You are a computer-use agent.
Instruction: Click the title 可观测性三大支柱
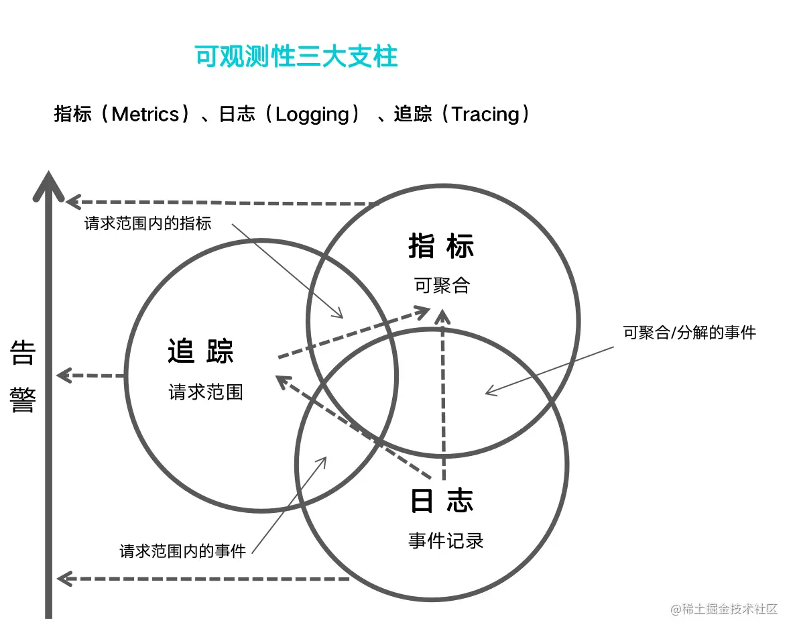coord(296,57)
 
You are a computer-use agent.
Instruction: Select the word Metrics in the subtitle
coord(145,114)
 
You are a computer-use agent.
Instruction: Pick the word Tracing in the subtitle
coord(485,114)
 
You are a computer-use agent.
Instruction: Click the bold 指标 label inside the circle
coord(441,247)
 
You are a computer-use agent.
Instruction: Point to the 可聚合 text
coord(442,286)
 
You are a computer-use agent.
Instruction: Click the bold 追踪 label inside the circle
coord(200,351)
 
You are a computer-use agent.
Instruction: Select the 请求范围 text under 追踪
coord(205,392)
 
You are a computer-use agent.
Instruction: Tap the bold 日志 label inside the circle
coord(442,501)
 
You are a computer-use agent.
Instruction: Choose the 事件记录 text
coord(446,540)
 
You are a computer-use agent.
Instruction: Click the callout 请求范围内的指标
coord(147,224)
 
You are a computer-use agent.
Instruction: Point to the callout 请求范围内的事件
coord(183,551)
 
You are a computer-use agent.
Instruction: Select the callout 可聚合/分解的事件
coord(689,332)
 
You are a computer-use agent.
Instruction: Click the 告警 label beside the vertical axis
coord(22,378)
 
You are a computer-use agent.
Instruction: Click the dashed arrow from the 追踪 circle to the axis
coord(91,376)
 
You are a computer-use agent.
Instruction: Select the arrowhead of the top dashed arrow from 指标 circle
coord(72,201)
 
